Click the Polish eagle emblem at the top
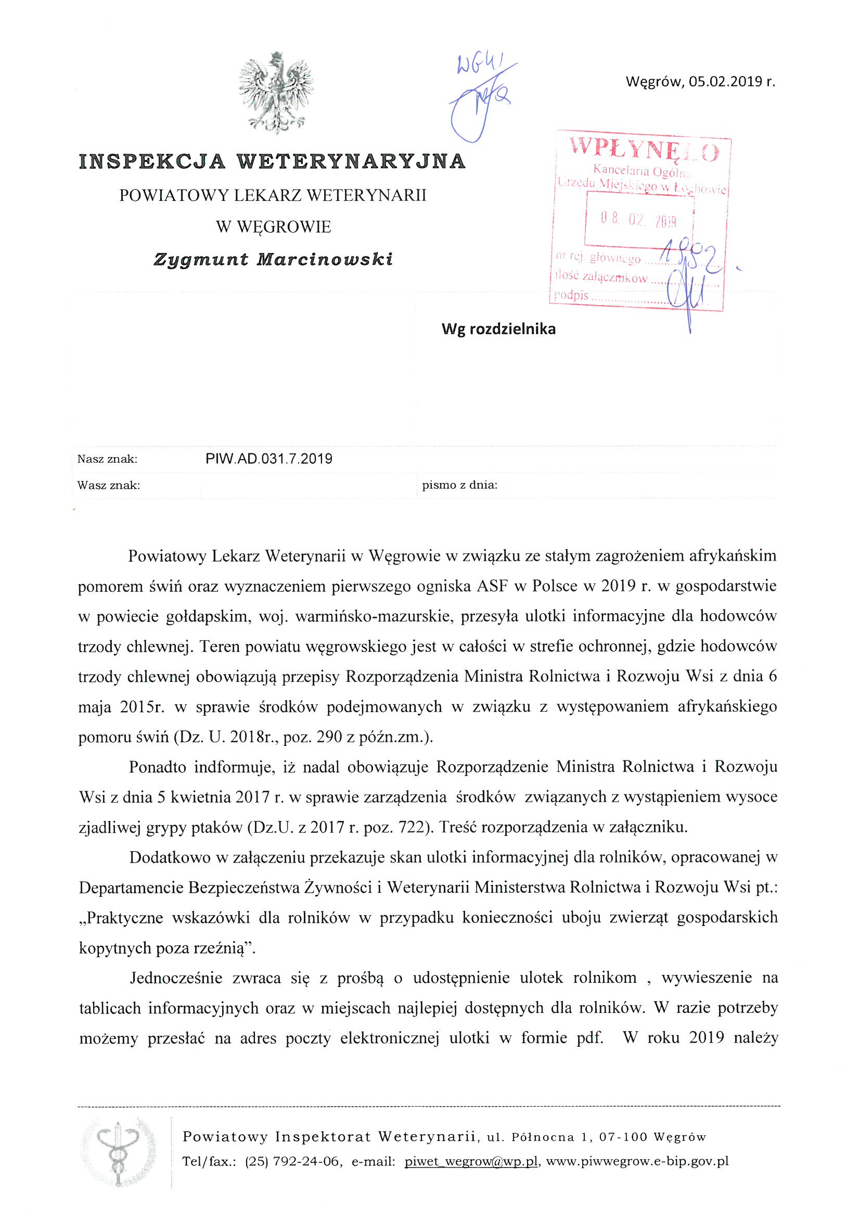(x=276, y=92)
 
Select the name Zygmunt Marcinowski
(x=274, y=259)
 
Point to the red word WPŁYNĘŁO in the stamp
(x=644, y=149)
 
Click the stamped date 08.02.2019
(x=638, y=219)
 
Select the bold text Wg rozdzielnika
(x=498, y=329)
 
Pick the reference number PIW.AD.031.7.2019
(x=268, y=459)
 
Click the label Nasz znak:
(x=108, y=459)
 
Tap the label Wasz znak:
(x=109, y=485)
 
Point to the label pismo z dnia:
(x=460, y=485)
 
